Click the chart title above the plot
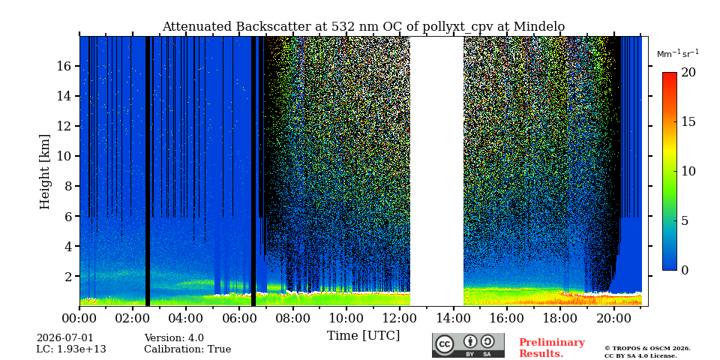(x=363, y=27)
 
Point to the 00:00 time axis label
(x=79, y=318)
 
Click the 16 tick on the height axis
(x=64, y=66)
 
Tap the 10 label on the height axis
(x=64, y=156)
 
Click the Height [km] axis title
(x=44, y=172)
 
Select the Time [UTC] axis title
(x=363, y=336)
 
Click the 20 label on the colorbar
(x=688, y=73)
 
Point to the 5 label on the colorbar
(x=685, y=220)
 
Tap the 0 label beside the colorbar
(x=685, y=270)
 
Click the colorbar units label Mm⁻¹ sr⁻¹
(x=678, y=54)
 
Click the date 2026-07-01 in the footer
(x=64, y=338)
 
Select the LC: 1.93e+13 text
(x=71, y=349)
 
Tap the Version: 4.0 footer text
(x=174, y=338)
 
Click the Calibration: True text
(x=187, y=349)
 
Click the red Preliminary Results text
(x=552, y=348)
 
